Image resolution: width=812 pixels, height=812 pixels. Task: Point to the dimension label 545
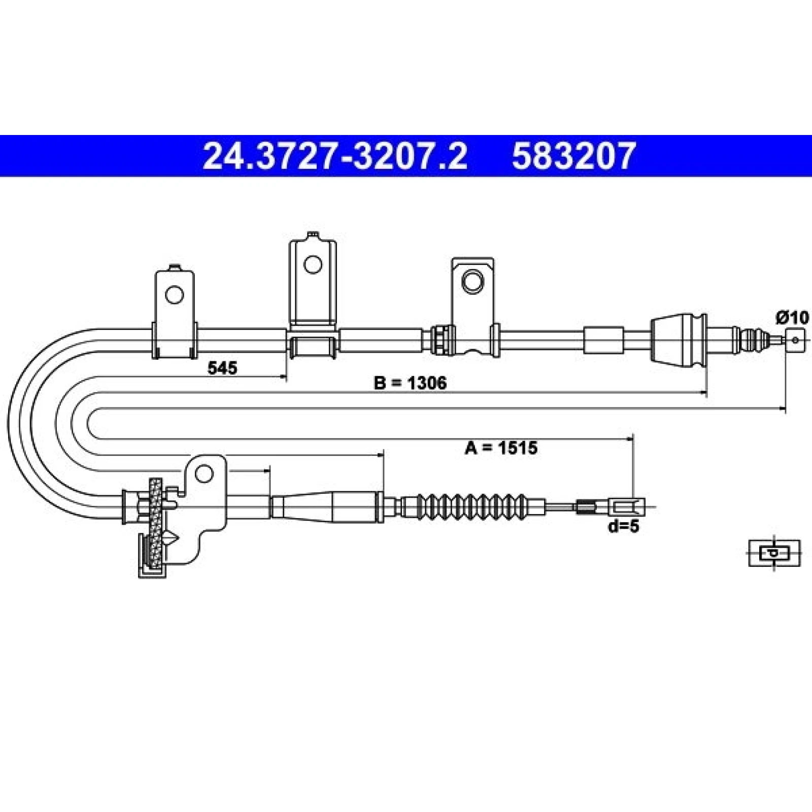222,367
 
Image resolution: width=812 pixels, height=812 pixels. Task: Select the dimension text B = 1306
410,383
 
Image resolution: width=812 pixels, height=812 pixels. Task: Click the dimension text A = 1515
501,448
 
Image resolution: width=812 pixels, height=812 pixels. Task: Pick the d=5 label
624,527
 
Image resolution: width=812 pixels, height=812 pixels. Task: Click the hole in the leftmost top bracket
174,294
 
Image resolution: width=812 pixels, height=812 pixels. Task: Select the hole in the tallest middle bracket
313,264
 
